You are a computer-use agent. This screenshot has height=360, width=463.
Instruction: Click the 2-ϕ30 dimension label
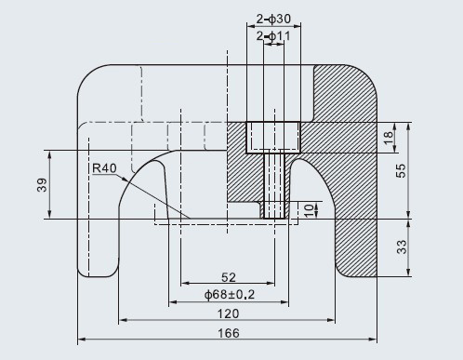tap(273, 19)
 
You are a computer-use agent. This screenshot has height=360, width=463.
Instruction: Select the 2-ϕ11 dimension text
tap(273, 36)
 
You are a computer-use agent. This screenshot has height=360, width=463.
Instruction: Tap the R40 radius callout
tap(104, 168)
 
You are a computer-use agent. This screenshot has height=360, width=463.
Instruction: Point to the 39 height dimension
tap(42, 185)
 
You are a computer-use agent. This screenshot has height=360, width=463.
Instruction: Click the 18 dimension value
tap(388, 138)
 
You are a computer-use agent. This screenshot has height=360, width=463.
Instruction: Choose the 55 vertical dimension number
tap(401, 170)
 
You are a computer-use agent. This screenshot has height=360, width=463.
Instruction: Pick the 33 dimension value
tap(402, 247)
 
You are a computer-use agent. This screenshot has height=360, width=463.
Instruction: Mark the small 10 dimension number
tap(310, 210)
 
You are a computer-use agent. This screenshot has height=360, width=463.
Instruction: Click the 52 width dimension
tap(229, 277)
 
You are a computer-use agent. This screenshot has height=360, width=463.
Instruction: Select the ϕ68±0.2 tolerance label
tap(230, 294)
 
